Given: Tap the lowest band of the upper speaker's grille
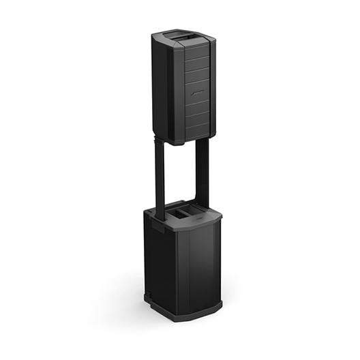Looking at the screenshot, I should (x=198, y=131).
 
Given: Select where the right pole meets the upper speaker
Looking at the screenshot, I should (x=202, y=142).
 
